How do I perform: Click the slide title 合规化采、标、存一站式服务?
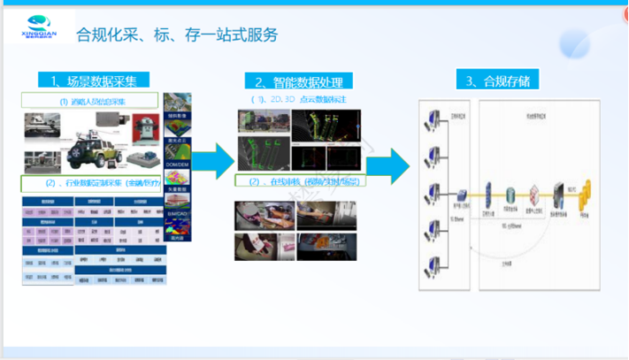(177, 35)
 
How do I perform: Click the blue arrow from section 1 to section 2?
(212, 160)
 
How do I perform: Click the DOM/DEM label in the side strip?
(177, 165)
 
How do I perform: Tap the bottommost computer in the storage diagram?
(433, 264)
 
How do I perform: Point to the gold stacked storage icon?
(584, 196)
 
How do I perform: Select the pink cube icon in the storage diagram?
(534, 194)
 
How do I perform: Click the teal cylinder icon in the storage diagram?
(511, 194)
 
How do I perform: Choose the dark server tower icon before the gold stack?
(558, 193)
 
